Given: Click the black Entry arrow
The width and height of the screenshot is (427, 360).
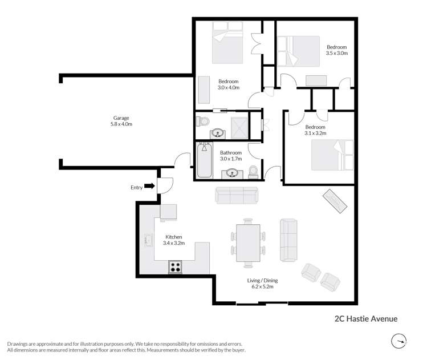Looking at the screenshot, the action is coord(149,186).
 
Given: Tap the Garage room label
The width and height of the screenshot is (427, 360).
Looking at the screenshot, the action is coord(121,118).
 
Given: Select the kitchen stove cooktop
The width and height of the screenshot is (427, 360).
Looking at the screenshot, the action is coord(175,267).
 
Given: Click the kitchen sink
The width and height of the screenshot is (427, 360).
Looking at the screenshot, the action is coord(148,240).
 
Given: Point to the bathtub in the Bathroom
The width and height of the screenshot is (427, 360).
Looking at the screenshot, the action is coord(204,160).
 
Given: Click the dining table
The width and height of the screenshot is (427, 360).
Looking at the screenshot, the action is coord(248,243).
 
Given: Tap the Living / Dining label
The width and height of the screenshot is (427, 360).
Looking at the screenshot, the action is coord(262,281).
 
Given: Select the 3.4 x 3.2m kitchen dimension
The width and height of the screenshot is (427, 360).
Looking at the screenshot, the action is coord(174,243).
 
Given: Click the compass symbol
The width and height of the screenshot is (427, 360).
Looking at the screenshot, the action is coord(399,341).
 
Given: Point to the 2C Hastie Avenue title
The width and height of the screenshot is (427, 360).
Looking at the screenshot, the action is coord(366,319).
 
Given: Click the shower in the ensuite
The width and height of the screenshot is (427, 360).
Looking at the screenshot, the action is coord(239,128).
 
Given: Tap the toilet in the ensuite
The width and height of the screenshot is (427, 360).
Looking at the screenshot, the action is coord(202,122).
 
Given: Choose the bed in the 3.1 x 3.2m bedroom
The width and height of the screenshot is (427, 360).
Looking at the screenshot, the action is coord(332,155).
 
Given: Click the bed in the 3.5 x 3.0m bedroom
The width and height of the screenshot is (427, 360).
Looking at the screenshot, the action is coord(298,51).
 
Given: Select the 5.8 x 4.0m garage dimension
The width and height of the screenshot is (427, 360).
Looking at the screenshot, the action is coord(121,124).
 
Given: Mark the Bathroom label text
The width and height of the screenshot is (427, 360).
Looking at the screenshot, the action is coord(231,152).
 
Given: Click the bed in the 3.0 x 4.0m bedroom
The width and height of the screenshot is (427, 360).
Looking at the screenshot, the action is coord(227,43).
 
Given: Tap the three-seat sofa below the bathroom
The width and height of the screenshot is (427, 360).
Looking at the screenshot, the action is coord(237,195).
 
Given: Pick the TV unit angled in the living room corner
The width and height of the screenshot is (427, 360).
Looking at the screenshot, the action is coord(335,201).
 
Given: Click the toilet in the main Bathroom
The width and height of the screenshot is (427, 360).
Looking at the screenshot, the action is coord(253,172).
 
